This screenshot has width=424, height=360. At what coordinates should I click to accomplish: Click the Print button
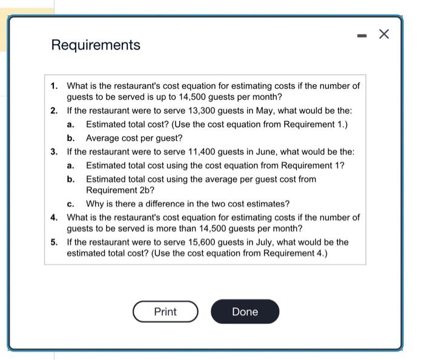[x=165, y=312]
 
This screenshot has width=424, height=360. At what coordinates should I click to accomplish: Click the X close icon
[x=383, y=34]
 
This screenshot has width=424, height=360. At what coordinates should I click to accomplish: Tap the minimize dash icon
[x=362, y=36]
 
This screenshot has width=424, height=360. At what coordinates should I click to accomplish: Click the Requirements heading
[x=96, y=45]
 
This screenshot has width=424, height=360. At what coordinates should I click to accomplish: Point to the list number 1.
[x=55, y=86]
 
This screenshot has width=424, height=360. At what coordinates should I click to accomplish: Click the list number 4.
[x=55, y=217]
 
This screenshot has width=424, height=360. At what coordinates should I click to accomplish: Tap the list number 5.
[x=55, y=242]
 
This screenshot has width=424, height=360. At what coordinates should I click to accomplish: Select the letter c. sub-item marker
[x=71, y=204]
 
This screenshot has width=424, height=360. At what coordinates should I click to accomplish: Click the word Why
[x=95, y=204]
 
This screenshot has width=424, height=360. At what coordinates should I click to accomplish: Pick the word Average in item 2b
[x=103, y=138]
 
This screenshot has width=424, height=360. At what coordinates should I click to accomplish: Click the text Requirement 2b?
[x=115, y=191]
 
